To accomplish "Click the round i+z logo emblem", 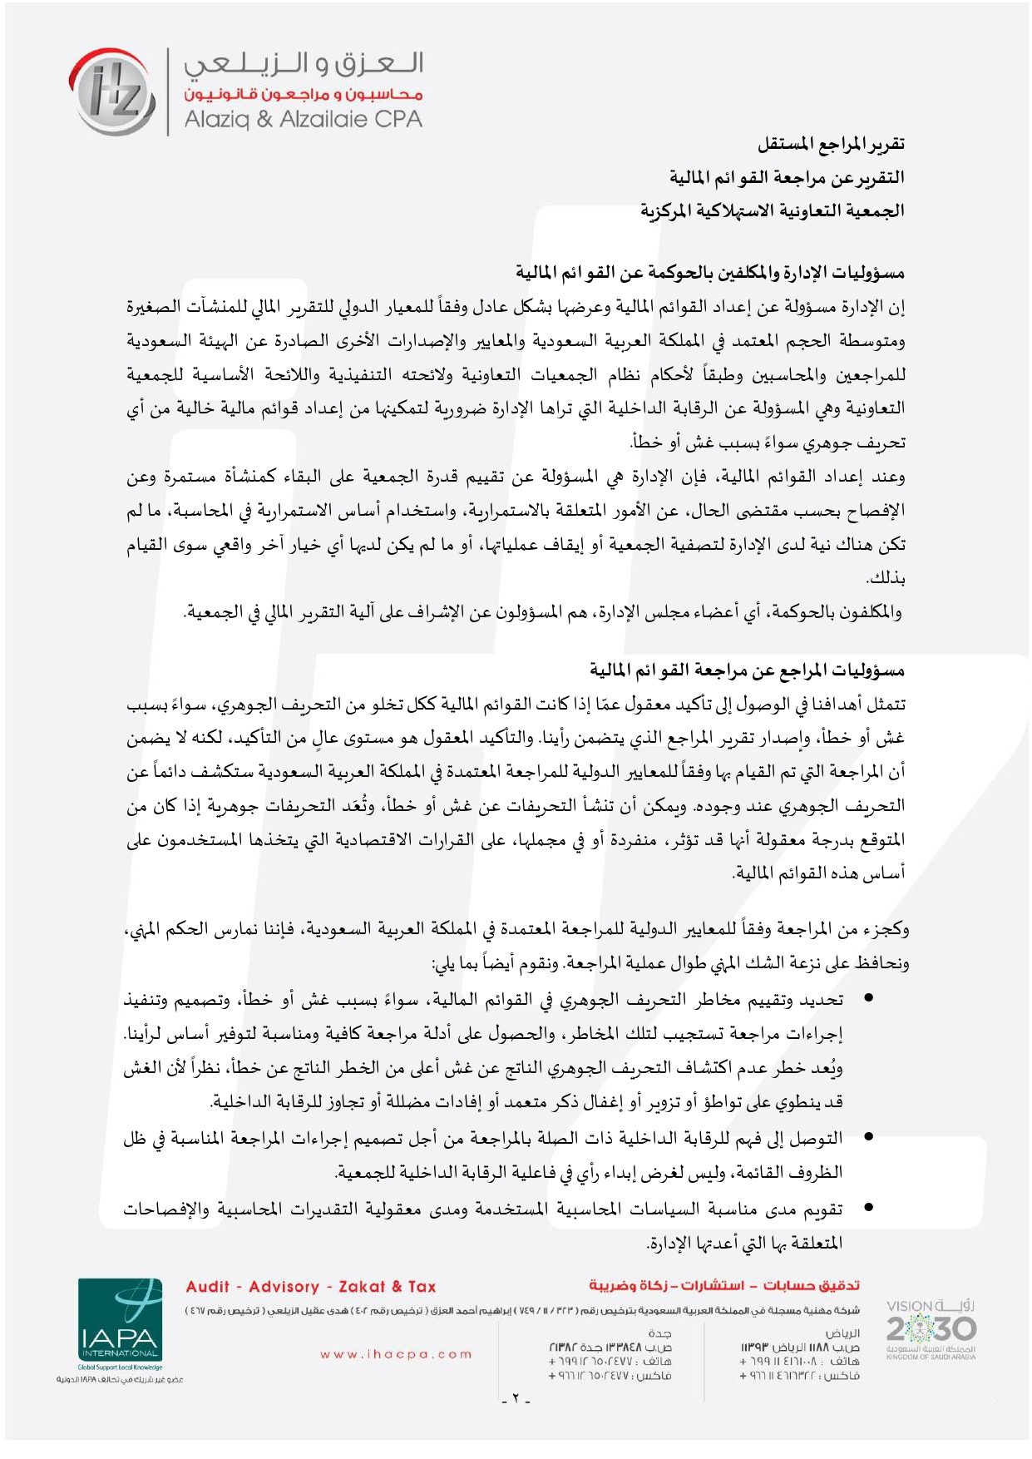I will tap(111, 91).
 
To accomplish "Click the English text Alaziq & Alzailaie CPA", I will tap(303, 120).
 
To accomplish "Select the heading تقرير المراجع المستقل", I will tap(830, 144).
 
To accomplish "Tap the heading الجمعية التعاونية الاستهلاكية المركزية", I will tap(772, 210).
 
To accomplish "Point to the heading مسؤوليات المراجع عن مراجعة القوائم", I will tap(747, 670).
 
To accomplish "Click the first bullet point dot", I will tap(868, 997).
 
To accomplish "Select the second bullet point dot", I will tap(868, 1135).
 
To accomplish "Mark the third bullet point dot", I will tap(868, 1207).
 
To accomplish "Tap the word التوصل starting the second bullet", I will tap(817, 1137).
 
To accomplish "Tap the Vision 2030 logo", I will tap(931, 1328).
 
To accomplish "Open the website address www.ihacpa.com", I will tap(396, 1354).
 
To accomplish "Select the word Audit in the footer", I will tap(207, 1287).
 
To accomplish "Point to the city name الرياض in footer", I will tap(842, 1333).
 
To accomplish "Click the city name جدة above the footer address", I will tap(659, 1333).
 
